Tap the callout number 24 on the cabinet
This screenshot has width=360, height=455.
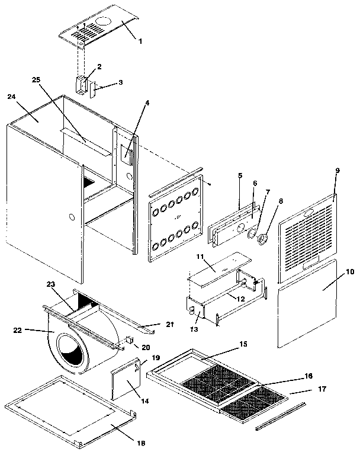(x=12, y=96)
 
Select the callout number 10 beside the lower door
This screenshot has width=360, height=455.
(x=349, y=271)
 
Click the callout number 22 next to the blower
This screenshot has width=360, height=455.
(x=35, y=331)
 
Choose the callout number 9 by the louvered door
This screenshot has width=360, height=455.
(x=337, y=171)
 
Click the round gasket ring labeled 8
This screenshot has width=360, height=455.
(x=264, y=238)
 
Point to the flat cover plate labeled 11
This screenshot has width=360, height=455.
(x=216, y=268)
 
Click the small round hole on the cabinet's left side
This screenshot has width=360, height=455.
(x=71, y=217)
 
